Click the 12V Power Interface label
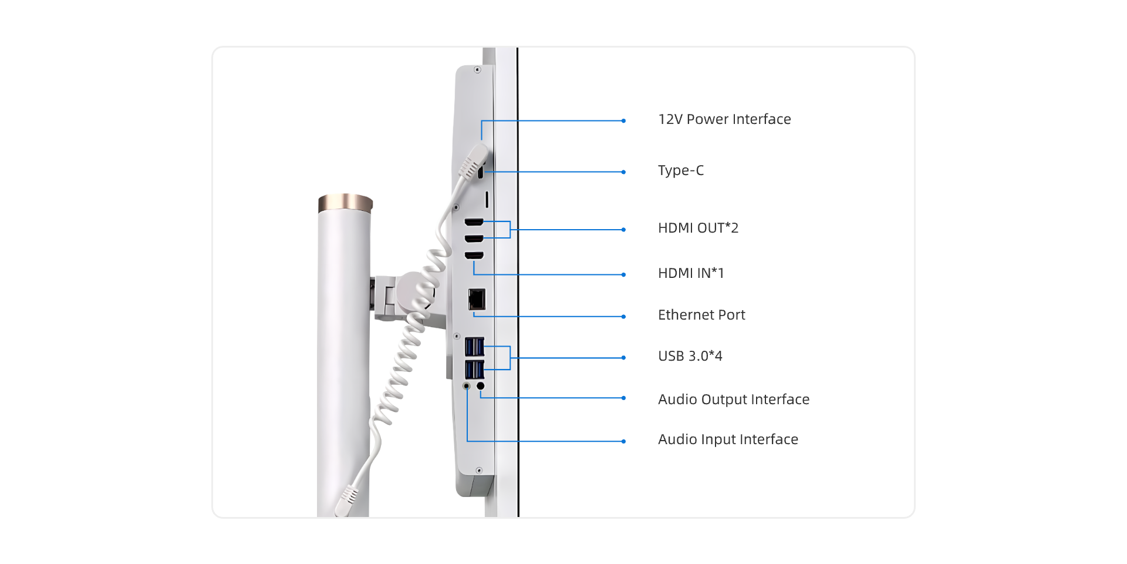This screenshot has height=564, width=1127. coord(724,119)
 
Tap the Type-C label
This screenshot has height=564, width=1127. coord(681,170)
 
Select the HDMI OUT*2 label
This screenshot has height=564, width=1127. coord(698,228)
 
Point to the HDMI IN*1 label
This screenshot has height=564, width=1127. coord(691,273)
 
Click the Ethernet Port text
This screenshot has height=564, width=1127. coord(701,315)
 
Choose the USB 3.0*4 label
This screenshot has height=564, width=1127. coord(690,356)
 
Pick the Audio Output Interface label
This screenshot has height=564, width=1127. coord(734,399)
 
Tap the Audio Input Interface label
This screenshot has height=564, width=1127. coord(728,439)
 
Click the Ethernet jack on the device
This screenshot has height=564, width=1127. coord(477,300)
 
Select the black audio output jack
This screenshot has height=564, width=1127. coord(481,386)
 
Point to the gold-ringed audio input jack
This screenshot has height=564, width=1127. coord(467,386)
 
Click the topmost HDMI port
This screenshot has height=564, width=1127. coord(474,222)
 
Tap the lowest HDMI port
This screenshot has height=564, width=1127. coord(474,255)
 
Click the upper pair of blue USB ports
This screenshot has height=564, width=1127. coord(474,347)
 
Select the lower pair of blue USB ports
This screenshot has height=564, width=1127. coord(474,370)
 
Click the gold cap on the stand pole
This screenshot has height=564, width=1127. coord(346,203)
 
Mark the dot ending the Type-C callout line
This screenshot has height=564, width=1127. coord(623,172)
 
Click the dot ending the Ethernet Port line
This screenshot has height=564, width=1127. coord(623,317)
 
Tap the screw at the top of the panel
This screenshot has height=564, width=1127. coord(477,70)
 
